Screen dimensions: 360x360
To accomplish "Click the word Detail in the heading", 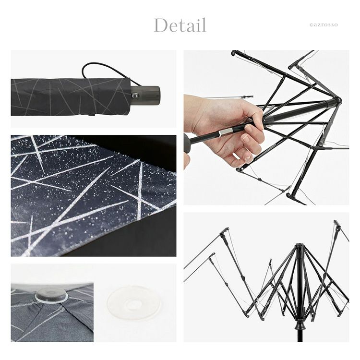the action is click(180, 25).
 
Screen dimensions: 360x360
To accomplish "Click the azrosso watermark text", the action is click(324, 25).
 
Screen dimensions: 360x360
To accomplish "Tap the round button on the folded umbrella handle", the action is click(135, 95).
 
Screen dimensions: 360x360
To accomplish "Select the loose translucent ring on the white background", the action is click(133, 302).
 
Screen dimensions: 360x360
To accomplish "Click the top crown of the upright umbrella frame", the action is click(299, 247).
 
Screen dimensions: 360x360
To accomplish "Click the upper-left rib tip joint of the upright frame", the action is click(225, 231).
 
